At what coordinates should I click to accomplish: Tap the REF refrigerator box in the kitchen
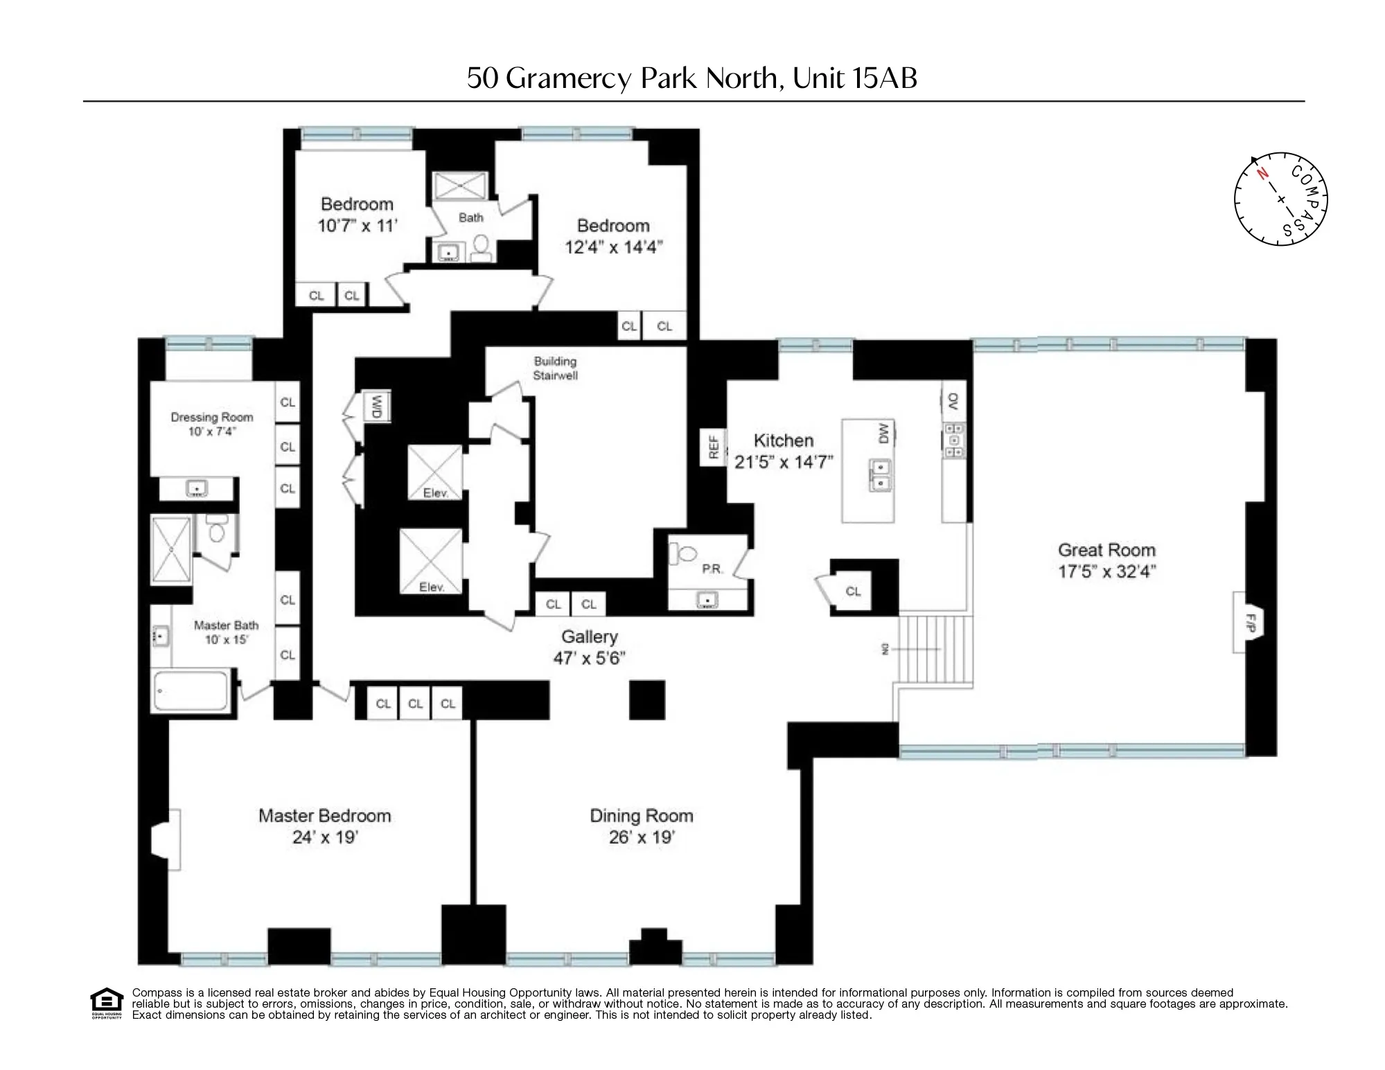click(x=713, y=447)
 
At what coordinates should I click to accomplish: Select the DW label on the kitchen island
click(x=883, y=434)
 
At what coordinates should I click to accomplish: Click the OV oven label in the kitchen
click(x=953, y=401)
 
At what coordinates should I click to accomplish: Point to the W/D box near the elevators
click(x=378, y=406)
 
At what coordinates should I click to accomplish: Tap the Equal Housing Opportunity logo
click(x=106, y=1002)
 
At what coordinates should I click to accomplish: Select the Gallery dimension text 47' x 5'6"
click(x=589, y=658)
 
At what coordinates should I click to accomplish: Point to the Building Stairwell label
click(x=555, y=368)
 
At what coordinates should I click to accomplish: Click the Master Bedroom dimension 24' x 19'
click(x=324, y=837)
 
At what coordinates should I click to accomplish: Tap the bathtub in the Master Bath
click(x=191, y=690)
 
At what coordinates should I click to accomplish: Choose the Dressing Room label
click(x=212, y=417)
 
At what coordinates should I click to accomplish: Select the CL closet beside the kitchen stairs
click(x=853, y=591)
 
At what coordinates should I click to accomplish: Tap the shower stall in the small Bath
click(x=460, y=186)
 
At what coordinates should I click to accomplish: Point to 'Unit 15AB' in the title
click(x=855, y=78)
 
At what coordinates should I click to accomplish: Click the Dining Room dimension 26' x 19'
click(x=642, y=837)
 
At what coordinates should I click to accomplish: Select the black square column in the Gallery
click(x=647, y=699)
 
